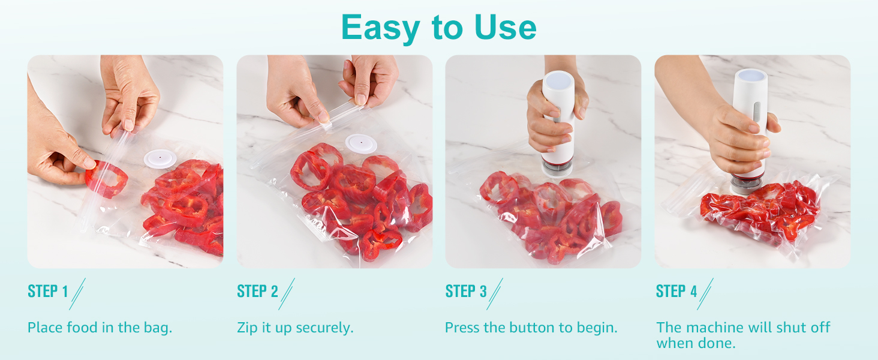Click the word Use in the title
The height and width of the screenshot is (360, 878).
(506, 27)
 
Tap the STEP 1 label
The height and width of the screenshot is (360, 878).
(47, 292)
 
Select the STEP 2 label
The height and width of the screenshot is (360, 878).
(257, 292)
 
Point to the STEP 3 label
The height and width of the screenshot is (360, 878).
(466, 292)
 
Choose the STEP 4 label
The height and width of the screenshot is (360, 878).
(676, 292)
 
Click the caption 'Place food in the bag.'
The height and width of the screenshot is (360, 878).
(100, 328)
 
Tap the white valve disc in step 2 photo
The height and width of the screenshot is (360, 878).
(361, 145)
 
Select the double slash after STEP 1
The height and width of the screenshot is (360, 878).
(77, 293)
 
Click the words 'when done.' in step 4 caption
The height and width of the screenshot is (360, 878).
(696, 343)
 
